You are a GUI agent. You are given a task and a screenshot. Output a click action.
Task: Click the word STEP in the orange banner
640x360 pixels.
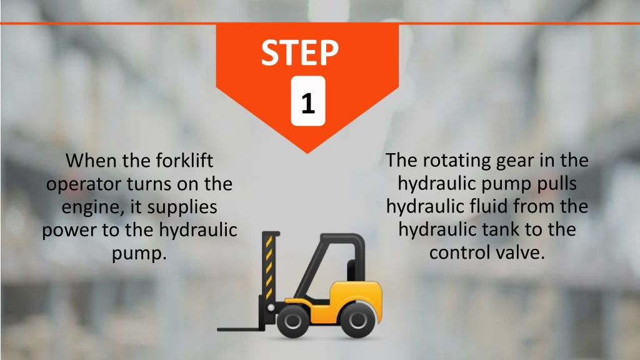[x=300, y=52]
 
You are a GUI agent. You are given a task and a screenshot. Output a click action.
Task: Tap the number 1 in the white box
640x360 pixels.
[x=308, y=103]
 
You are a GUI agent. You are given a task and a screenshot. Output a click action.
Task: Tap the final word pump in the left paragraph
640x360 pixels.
[x=139, y=254]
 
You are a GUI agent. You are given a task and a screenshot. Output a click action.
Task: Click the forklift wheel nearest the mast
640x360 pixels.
[x=292, y=321]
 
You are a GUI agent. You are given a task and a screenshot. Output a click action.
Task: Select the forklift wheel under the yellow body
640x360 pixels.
[x=357, y=320]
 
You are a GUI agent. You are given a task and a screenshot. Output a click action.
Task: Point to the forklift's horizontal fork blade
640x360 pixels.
[x=240, y=329]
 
